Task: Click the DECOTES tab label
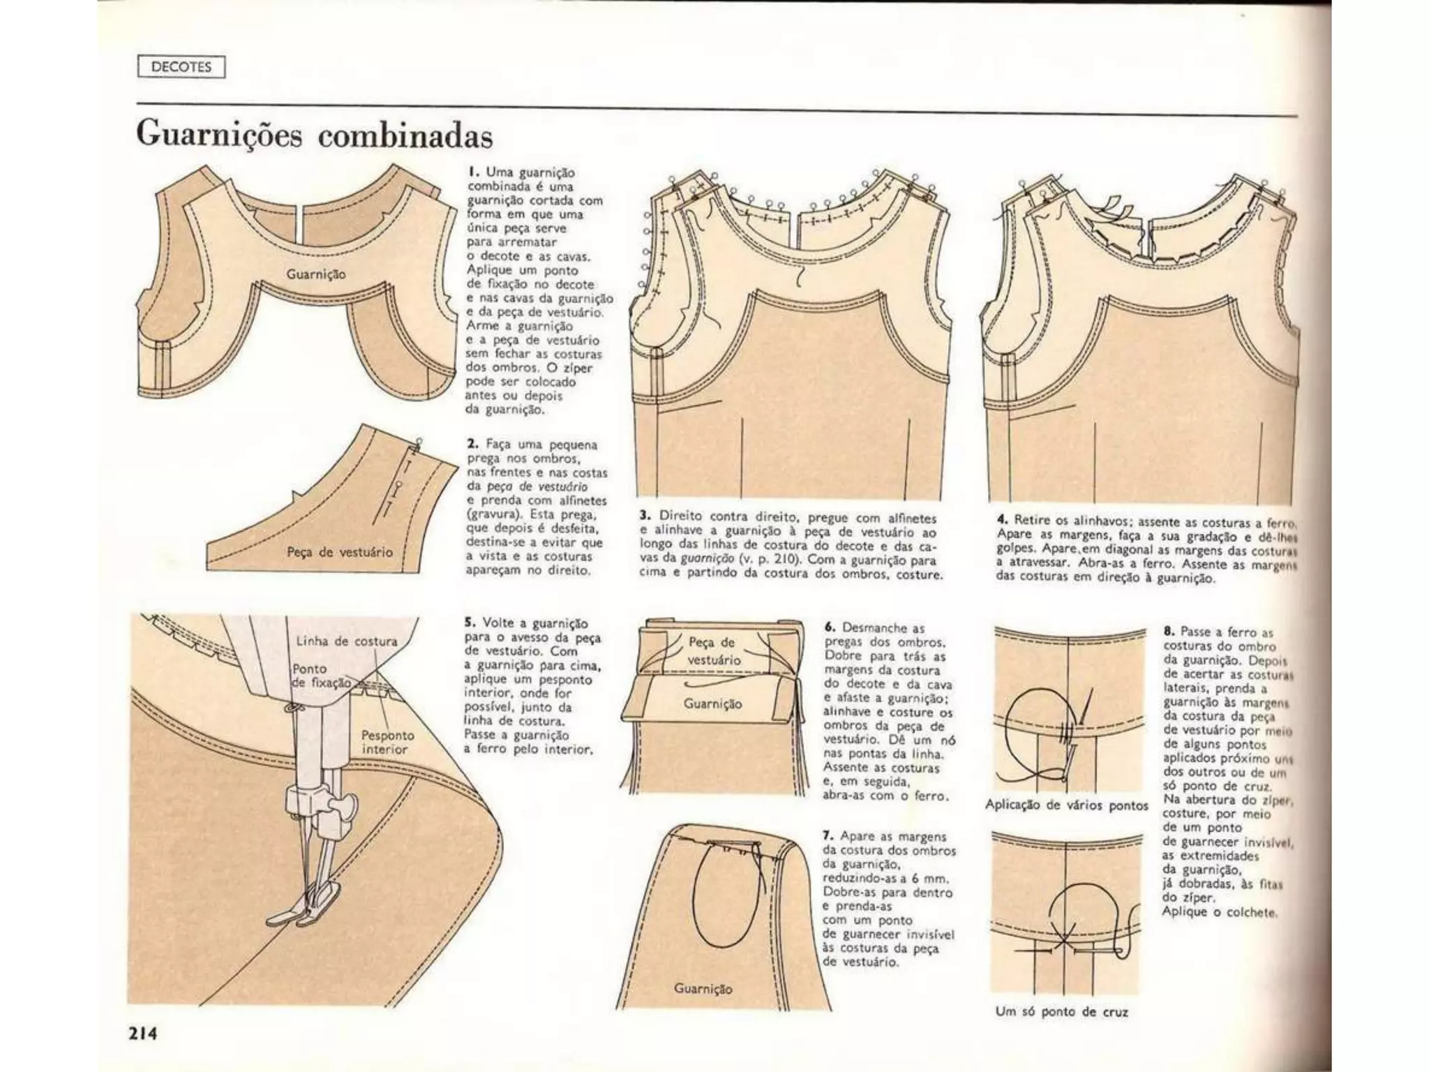pyautogui.click(x=181, y=68)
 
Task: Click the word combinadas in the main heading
pyautogui.click(x=405, y=135)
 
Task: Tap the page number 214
pyautogui.click(x=142, y=1033)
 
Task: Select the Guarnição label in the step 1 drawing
pyautogui.click(x=315, y=274)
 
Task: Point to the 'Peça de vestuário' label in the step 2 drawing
pyautogui.click(x=340, y=552)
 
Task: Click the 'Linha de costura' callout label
pyautogui.click(x=346, y=641)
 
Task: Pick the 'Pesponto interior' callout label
pyautogui.click(x=387, y=742)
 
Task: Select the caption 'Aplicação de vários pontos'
pyautogui.click(x=1066, y=805)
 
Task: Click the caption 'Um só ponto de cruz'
pyautogui.click(x=1062, y=1011)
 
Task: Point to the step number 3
pyautogui.click(x=645, y=516)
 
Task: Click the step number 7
pyautogui.click(x=829, y=835)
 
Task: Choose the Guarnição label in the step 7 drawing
pyautogui.click(x=703, y=988)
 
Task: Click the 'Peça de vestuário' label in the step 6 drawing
pyautogui.click(x=711, y=650)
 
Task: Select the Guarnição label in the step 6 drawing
pyautogui.click(x=712, y=703)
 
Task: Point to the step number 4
pyautogui.click(x=1003, y=520)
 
